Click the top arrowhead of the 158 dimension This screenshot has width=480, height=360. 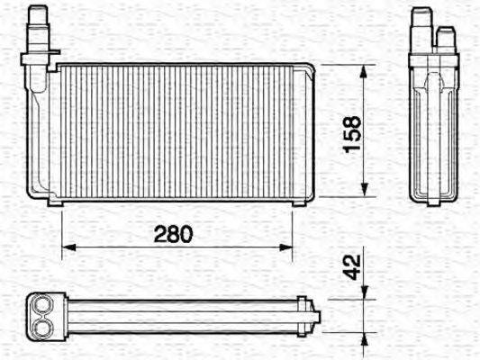point(365,70)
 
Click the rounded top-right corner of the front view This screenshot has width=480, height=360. point(309,68)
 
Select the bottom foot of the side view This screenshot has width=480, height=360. point(433,202)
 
